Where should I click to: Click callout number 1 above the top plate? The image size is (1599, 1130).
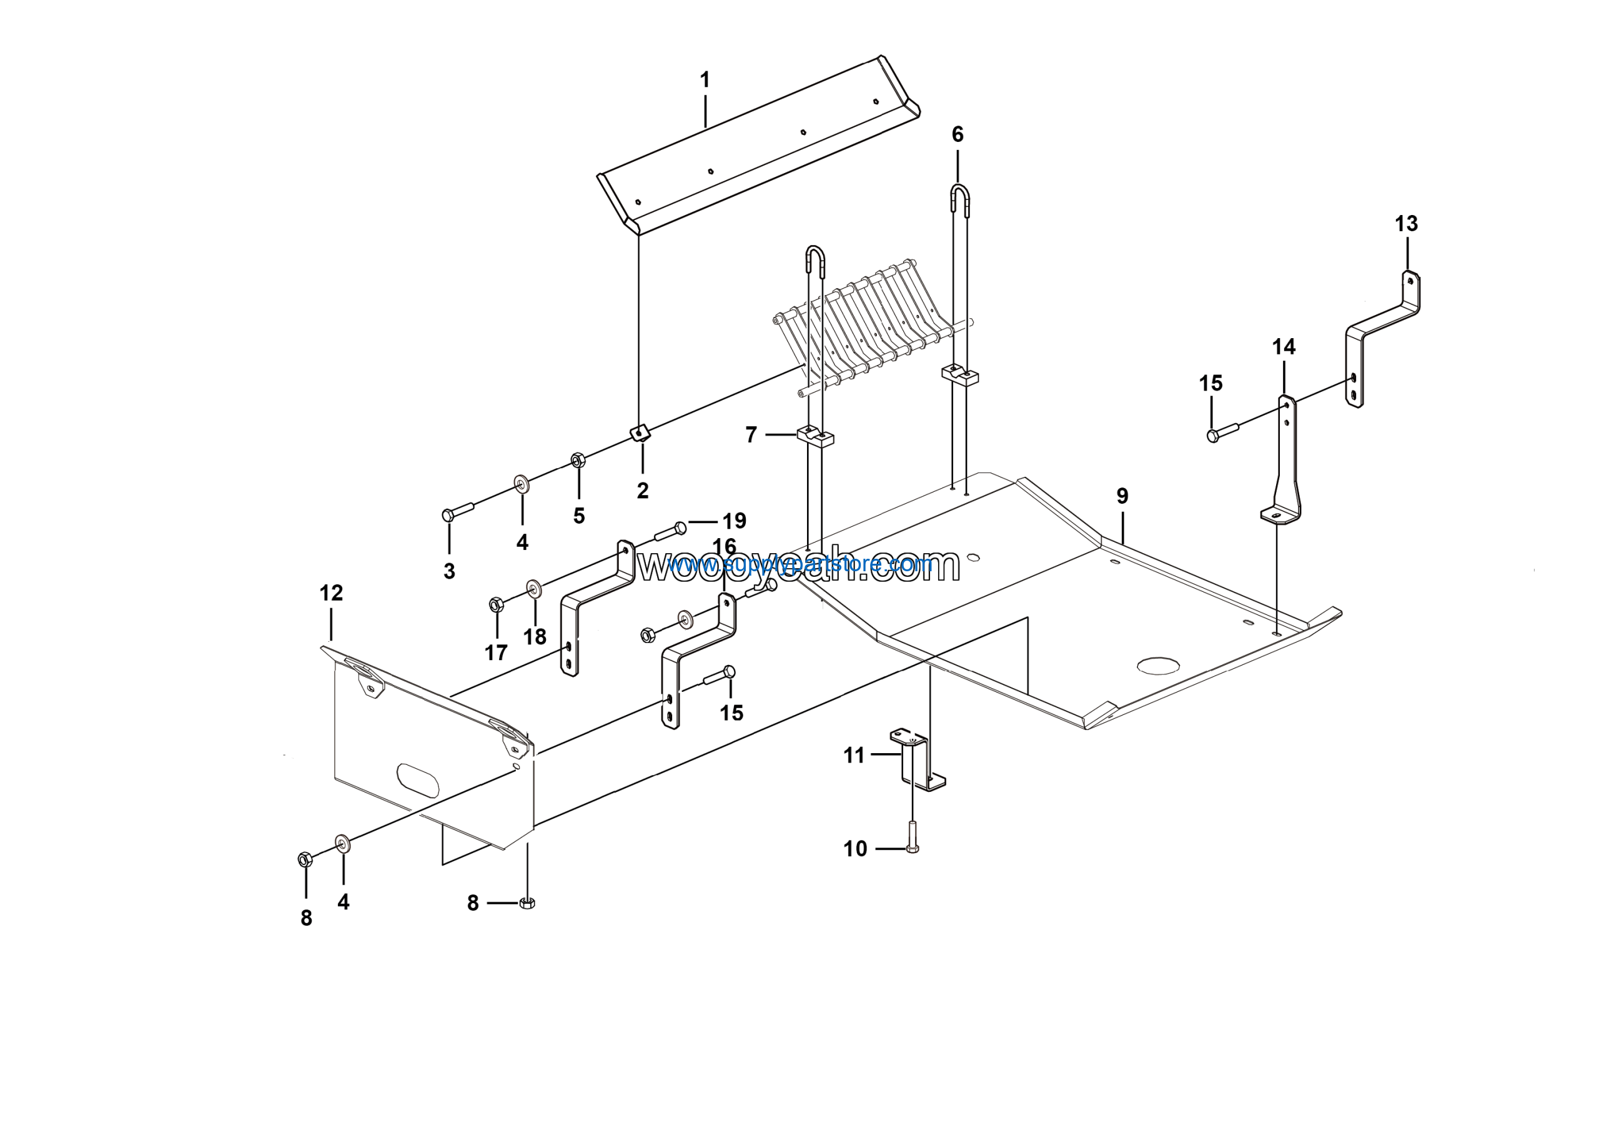(705, 80)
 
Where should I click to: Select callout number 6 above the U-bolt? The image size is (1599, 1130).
(958, 134)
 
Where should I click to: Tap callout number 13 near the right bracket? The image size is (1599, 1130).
(1406, 224)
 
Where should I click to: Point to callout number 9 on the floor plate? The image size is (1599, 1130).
(1122, 496)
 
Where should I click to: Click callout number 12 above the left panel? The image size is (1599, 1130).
(331, 593)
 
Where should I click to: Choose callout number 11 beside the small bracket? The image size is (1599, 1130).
(854, 755)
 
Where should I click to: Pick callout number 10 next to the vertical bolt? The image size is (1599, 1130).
(855, 849)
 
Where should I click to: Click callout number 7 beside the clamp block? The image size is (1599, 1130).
(751, 436)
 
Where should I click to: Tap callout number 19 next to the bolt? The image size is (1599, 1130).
(734, 521)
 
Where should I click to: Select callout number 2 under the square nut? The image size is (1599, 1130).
(642, 491)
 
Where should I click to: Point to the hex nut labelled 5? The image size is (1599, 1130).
(577, 460)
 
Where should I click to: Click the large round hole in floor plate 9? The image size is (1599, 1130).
(1159, 666)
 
